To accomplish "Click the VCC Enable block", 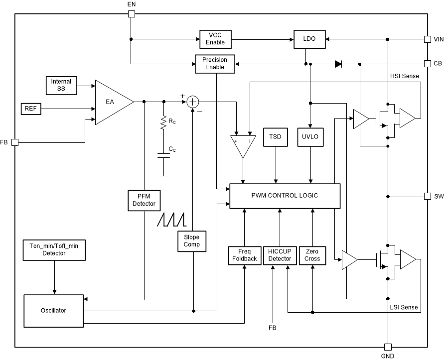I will pyautogui.click(x=215, y=39).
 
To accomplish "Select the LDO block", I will pyautogui.click(x=309, y=39).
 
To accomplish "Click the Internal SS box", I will pyautogui.click(x=61, y=85).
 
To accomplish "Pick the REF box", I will pyautogui.click(x=30, y=108).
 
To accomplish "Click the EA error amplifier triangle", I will pyautogui.click(x=112, y=102).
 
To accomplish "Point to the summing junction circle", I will pyautogui.click(x=193, y=102).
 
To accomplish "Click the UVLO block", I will pyautogui.click(x=310, y=137).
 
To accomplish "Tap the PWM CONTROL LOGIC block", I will pyautogui.click(x=285, y=196).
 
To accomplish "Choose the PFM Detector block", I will pyautogui.click(x=144, y=200).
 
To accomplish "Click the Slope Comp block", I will pyautogui.click(x=192, y=240).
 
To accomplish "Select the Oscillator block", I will pyautogui.click(x=53, y=311).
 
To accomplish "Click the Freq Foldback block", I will pyautogui.click(x=245, y=255).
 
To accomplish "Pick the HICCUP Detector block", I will pyautogui.click(x=280, y=255).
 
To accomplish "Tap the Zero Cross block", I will pyautogui.click(x=312, y=255).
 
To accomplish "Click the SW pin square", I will pyautogui.click(x=427, y=196).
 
